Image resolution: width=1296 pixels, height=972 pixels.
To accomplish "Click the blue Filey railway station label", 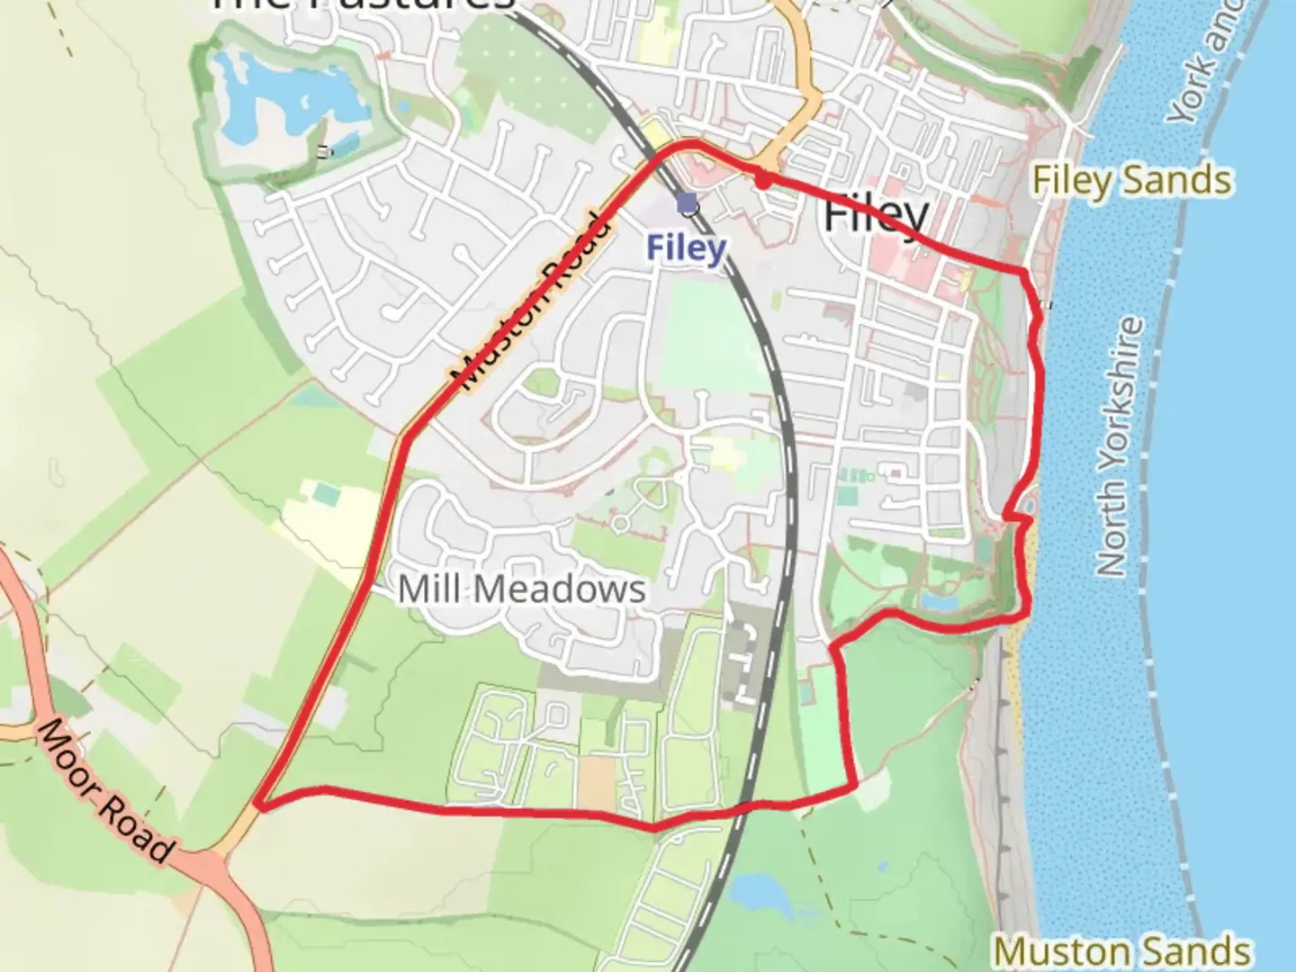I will (686, 247).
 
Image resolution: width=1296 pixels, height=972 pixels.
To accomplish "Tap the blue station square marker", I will (688, 202).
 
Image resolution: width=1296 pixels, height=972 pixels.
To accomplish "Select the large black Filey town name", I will (876, 215).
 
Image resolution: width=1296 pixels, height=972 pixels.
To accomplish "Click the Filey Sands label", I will (1131, 181).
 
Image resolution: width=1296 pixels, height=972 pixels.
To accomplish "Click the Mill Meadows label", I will (522, 589).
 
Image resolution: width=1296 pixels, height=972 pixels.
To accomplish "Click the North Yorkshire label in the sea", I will (1121, 445).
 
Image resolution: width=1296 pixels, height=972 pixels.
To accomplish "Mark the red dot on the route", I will (763, 181).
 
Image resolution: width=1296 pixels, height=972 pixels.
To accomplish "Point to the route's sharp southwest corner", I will (258, 803).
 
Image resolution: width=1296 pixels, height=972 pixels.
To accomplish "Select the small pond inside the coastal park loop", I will (941, 598).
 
